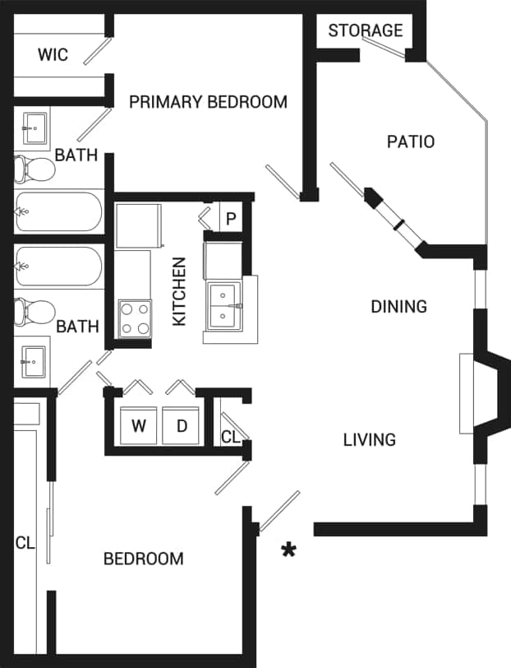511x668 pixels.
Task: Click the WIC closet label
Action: click(x=53, y=56)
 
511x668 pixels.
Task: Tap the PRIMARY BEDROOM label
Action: click(x=208, y=102)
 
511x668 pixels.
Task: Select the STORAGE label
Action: click(x=366, y=30)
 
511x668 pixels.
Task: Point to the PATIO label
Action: click(x=410, y=141)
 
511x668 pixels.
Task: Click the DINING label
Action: click(x=398, y=307)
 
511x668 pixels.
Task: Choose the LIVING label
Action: click(x=369, y=440)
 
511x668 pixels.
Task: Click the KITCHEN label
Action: click(x=180, y=291)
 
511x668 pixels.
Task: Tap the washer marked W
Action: click(x=139, y=426)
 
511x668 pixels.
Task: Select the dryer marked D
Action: click(x=182, y=426)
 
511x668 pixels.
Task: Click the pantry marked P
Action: click(x=231, y=219)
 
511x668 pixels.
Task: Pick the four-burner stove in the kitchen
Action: click(x=136, y=318)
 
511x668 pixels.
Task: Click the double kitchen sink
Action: click(x=223, y=304)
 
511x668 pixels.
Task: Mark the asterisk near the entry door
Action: click(x=288, y=550)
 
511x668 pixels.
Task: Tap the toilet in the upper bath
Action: click(x=34, y=169)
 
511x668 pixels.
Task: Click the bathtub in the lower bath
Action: click(x=58, y=266)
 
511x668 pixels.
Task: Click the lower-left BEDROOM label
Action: click(x=143, y=559)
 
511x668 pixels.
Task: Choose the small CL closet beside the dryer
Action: click(x=230, y=436)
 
